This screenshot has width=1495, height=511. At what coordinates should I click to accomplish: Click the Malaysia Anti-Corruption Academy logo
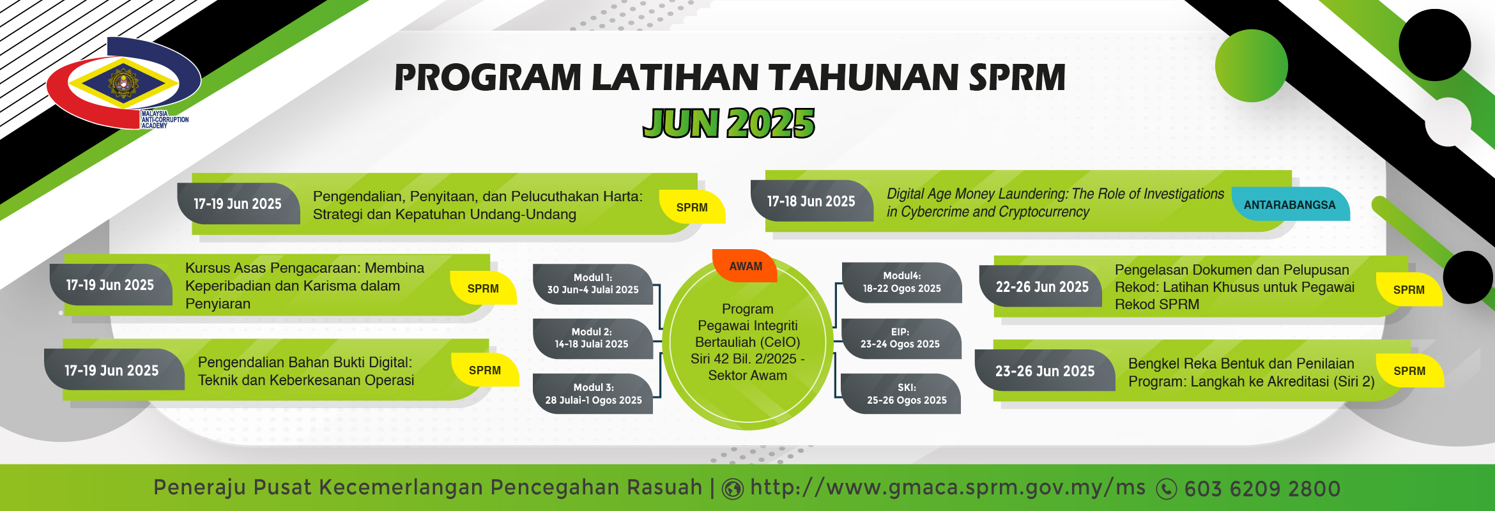[124, 83]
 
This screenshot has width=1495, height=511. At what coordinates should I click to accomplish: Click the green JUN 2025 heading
[729, 123]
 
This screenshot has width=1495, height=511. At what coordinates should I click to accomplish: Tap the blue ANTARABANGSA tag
[1290, 204]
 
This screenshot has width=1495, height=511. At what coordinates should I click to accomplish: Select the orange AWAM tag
[745, 266]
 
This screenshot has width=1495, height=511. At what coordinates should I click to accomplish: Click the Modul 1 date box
[593, 284]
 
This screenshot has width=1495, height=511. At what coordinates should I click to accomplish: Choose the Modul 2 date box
[592, 338]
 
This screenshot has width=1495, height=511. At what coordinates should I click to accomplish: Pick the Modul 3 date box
[593, 393]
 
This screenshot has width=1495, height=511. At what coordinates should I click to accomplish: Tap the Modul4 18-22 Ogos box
[901, 282]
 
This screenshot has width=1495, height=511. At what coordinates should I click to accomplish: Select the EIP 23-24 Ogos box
[901, 338]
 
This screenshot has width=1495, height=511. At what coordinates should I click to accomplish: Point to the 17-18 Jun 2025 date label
[811, 201]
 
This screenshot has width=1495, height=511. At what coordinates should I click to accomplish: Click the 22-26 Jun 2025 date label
[1041, 287]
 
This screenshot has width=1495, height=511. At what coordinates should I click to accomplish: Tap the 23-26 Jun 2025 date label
[1045, 371]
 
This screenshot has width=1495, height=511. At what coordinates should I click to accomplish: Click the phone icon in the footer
[1167, 489]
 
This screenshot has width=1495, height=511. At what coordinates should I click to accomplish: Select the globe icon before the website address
[733, 489]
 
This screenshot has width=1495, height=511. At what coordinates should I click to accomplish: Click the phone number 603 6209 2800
[1262, 489]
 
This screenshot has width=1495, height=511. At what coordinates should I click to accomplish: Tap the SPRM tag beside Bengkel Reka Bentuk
[1409, 371]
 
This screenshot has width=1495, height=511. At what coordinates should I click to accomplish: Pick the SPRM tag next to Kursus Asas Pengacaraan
[483, 289]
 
